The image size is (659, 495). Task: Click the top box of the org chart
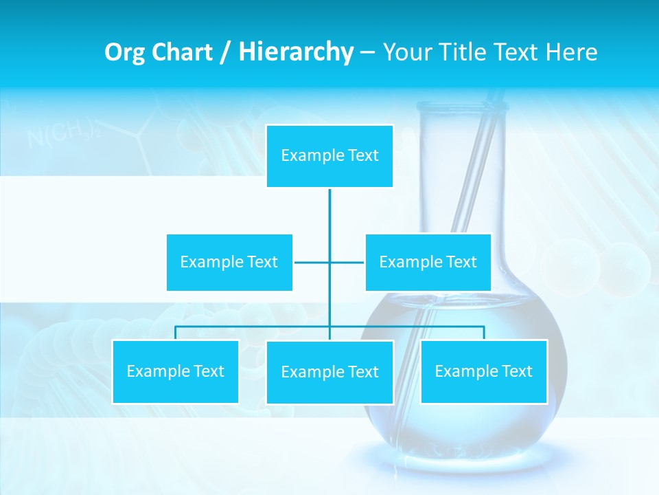[x=329, y=156]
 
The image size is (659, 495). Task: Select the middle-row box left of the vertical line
[x=229, y=262]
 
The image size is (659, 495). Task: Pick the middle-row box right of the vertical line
[x=428, y=262]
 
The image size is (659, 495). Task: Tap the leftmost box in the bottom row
[x=175, y=371]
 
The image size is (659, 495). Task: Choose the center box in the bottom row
[x=329, y=372]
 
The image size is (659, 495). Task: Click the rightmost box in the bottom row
[x=483, y=371]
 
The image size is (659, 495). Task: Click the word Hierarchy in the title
[x=295, y=52]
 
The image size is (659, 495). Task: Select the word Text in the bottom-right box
[x=516, y=371]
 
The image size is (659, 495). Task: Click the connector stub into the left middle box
[x=311, y=262]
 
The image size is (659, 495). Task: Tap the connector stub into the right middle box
[x=347, y=262]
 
